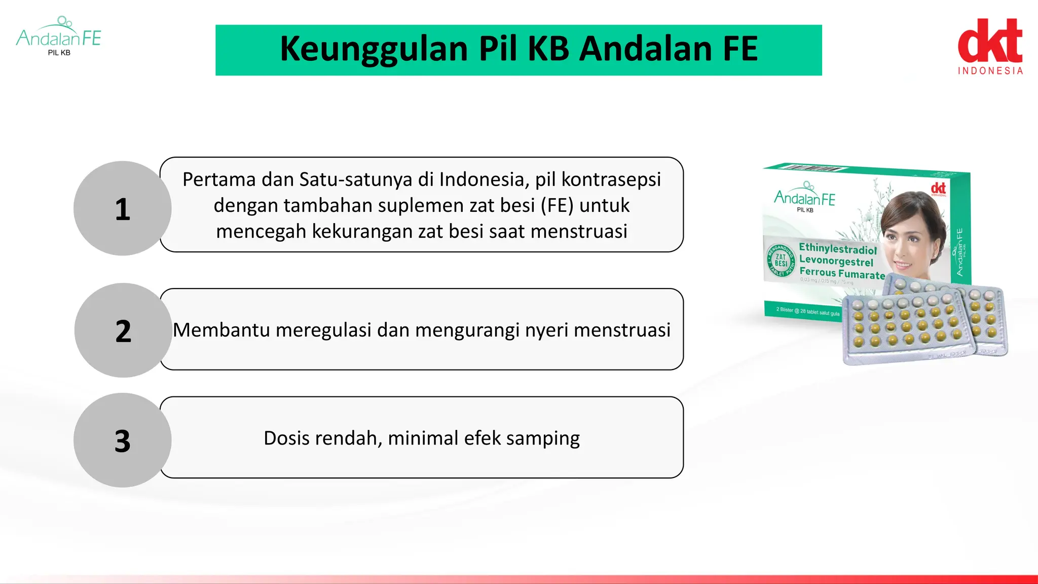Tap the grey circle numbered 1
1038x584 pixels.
point(123,209)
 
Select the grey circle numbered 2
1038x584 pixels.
point(123,331)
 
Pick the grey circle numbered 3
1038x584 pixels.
point(123,440)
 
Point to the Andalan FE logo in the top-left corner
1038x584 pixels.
point(59,36)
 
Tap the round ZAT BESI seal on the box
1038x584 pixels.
point(781,260)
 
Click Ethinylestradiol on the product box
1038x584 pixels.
point(838,249)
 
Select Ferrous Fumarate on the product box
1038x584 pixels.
point(842,273)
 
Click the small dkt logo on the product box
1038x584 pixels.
point(938,189)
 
